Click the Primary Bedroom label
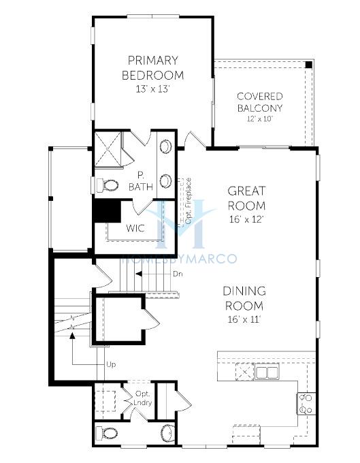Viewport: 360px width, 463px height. tap(153, 68)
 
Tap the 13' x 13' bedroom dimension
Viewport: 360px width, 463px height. tap(152, 89)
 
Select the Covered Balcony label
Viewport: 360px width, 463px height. tap(260, 102)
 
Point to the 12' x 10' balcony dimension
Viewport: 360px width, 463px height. tap(260, 119)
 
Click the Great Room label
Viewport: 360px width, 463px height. tap(246, 198)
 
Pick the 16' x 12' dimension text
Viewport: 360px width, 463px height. tap(246, 219)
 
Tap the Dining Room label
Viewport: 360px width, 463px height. tap(244, 298)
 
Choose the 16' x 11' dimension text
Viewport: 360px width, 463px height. tap(244, 319)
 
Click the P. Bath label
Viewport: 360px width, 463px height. tap(141, 181)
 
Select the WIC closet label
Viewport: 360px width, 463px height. tap(135, 228)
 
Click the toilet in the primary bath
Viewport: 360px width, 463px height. tap(107, 185)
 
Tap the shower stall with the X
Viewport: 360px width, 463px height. tap(108, 149)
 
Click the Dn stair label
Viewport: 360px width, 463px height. tap(178, 274)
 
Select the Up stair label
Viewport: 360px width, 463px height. tap(111, 365)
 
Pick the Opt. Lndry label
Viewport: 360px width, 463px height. tap(142, 398)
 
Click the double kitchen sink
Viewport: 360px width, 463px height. tap(267, 372)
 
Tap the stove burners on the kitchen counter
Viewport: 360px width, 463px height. tap(306, 404)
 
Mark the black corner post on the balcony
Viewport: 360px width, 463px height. tap(309, 65)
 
